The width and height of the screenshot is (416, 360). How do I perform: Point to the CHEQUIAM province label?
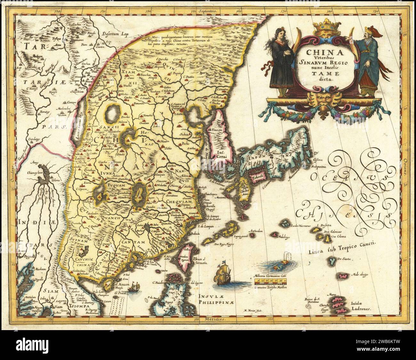point(178,201)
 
